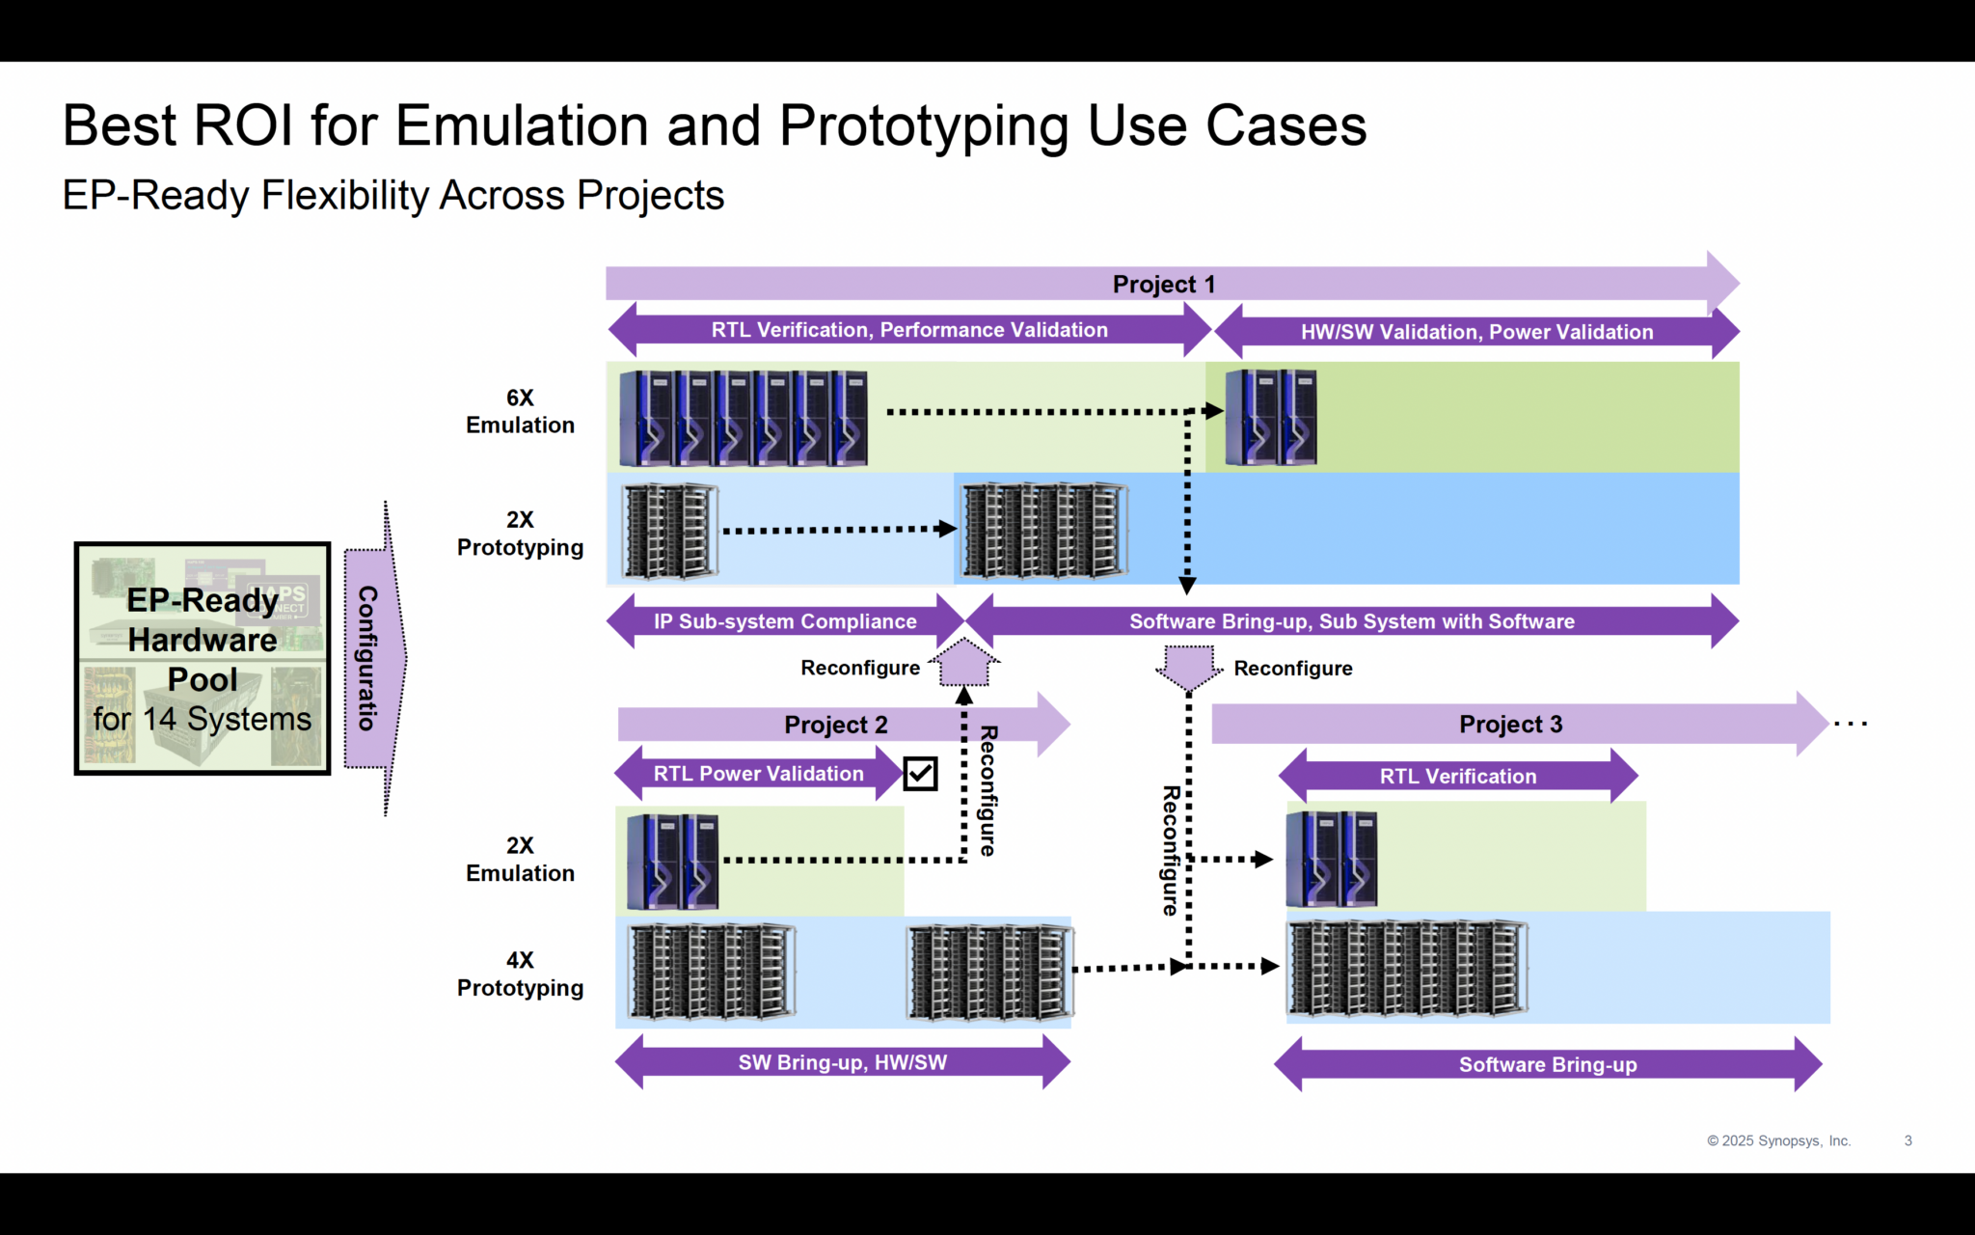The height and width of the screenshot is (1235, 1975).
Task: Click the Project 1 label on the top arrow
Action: [1163, 285]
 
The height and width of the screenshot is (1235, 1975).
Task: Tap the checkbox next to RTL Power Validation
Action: [920, 774]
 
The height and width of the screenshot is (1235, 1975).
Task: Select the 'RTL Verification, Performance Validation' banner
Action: [908, 330]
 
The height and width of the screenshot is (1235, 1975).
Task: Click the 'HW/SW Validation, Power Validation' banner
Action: [1475, 332]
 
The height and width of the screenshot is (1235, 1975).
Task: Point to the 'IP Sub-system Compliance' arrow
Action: [784, 621]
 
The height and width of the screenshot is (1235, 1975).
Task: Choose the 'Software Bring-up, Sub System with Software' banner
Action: [1351, 621]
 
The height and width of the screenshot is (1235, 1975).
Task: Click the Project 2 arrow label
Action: [835, 725]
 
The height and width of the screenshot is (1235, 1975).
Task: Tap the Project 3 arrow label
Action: [1510, 725]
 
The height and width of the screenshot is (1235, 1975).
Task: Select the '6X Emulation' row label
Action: [520, 412]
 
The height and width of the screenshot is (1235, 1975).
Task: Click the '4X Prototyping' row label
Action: [520, 974]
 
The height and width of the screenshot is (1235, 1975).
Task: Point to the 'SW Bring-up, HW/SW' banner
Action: [842, 1062]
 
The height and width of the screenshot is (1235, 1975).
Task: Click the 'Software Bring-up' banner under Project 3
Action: [1547, 1064]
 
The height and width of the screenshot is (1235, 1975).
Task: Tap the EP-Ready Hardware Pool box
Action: [203, 659]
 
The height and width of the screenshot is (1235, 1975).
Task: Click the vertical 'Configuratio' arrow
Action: [371, 659]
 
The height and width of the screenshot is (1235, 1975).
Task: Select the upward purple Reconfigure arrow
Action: [964, 664]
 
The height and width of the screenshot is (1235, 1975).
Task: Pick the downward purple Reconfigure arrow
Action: [1188, 667]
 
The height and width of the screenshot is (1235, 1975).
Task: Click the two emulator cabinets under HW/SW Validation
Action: [1270, 418]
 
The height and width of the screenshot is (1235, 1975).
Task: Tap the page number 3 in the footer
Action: [1907, 1140]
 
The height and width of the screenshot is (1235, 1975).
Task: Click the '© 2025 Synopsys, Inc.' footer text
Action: [1778, 1140]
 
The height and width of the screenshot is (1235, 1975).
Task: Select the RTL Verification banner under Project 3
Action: [1457, 776]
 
